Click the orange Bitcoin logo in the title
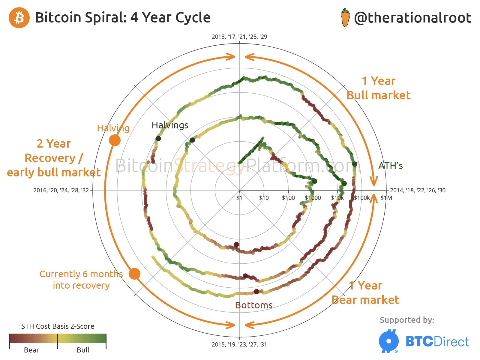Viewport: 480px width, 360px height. tap(19, 18)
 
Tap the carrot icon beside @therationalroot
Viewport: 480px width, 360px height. tap(345, 18)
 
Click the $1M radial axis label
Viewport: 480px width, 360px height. tap(386, 198)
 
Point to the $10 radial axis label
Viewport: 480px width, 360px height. tap(264, 198)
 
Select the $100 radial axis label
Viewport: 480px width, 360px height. tap(288, 198)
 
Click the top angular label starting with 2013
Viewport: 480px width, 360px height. tap(239, 37)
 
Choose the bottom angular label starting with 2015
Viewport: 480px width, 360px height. tap(239, 344)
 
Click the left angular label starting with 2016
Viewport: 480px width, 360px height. tap(61, 190)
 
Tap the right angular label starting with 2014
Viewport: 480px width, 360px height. tap(418, 190)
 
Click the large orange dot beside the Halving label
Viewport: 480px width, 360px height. tap(115, 140)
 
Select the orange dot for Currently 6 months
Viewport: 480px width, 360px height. tap(134, 274)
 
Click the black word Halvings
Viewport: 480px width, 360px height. tap(170, 125)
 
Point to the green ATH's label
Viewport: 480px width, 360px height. tap(390, 166)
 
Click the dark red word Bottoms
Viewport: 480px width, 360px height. tap(254, 305)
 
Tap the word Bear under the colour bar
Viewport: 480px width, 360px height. tap(31, 350)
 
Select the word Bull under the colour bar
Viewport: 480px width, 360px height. tap(83, 350)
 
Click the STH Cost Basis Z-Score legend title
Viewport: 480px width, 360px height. tap(58, 326)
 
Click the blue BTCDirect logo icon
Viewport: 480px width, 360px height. tap(389, 341)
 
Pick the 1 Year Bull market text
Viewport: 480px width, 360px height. tap(378, 88)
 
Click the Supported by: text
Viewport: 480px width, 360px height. tap(407, 320)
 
